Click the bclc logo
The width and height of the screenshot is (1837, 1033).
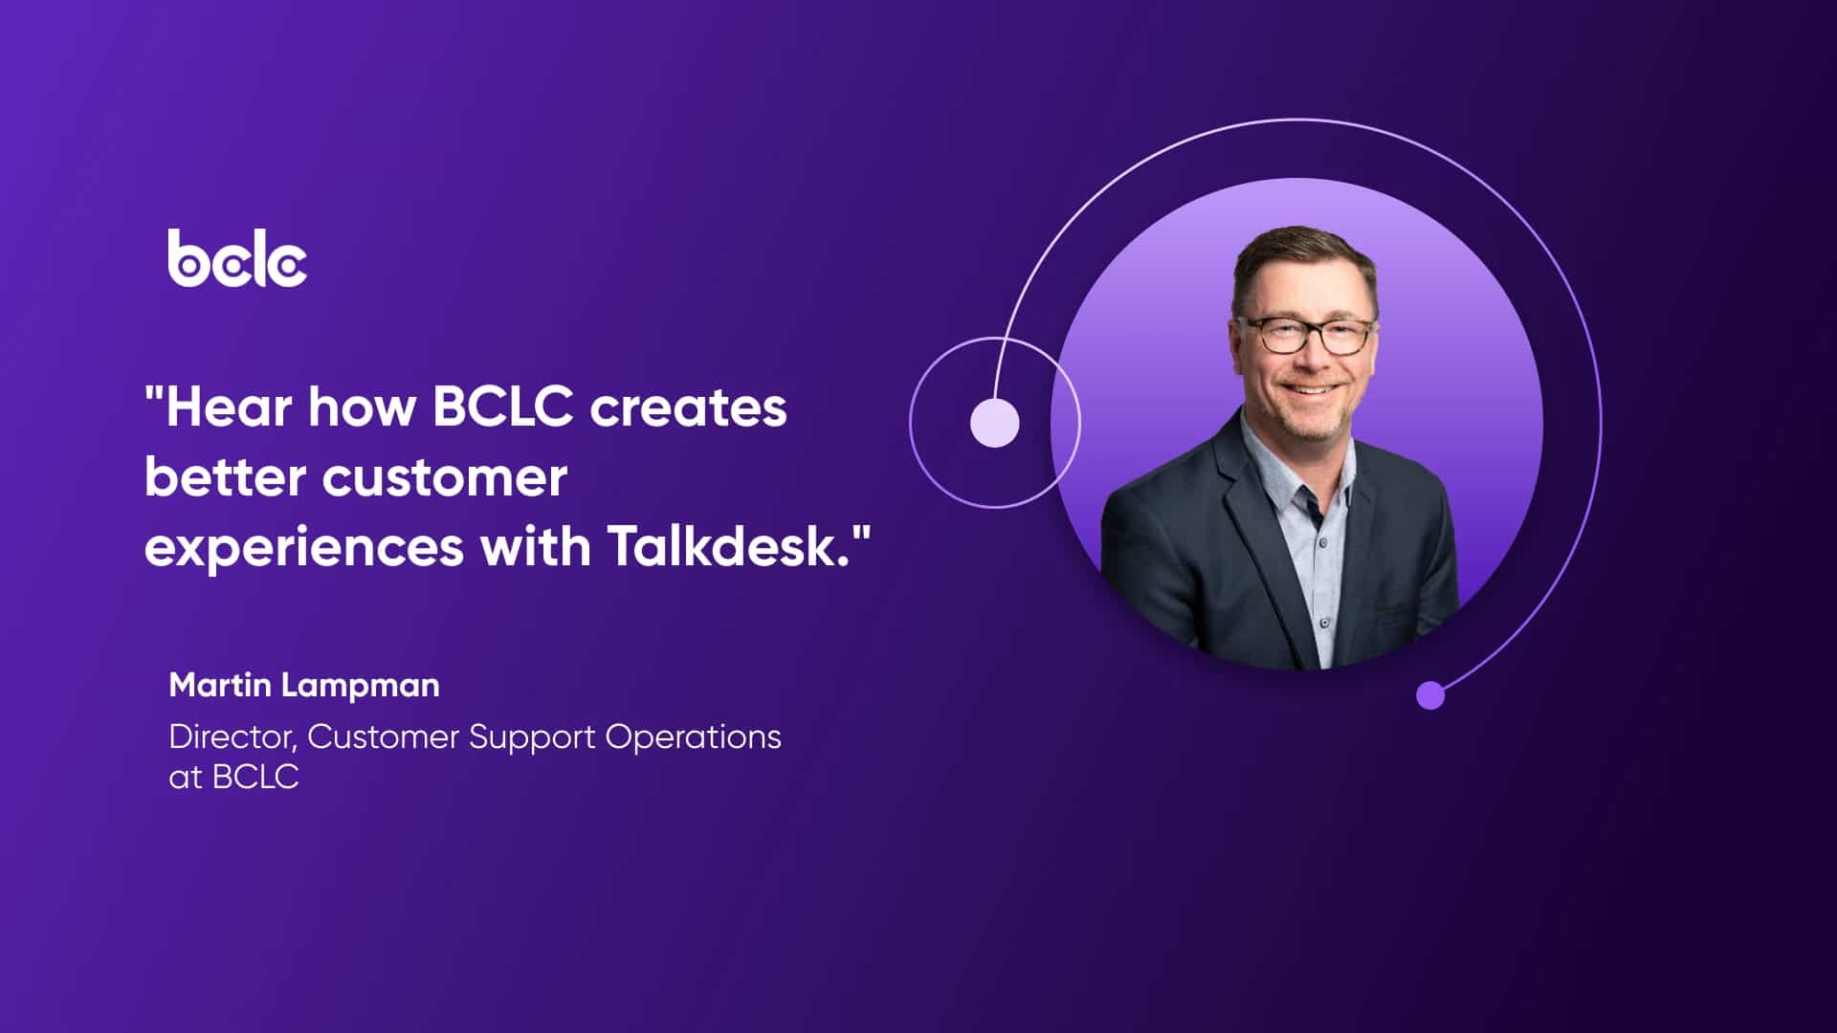237,258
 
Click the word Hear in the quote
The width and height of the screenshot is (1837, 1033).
228,407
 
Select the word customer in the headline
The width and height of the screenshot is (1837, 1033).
444,478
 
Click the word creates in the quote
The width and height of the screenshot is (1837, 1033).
688,407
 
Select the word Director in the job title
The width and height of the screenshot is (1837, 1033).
231,737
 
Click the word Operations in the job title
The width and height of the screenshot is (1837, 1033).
693,737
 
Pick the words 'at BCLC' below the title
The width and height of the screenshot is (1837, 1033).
233,777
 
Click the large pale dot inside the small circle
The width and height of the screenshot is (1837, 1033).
994,423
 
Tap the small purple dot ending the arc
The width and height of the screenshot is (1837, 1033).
1429,694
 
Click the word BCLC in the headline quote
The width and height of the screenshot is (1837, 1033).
502,407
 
